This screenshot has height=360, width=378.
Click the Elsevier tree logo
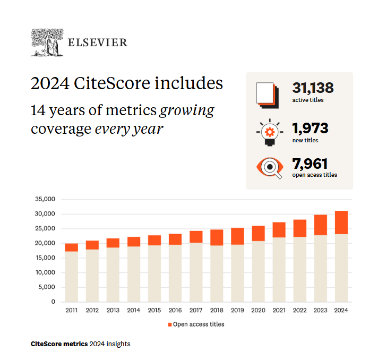47,42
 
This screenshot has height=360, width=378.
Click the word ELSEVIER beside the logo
97,42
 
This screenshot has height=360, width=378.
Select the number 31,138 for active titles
313,88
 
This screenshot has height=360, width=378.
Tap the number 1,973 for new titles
310,128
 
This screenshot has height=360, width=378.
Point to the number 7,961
310,164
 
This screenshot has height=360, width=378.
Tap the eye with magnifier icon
270,168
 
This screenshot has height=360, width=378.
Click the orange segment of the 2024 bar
341,222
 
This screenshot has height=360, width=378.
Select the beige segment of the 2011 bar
72,276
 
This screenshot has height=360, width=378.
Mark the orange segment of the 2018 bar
217,237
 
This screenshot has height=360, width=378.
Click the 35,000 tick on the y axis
45,200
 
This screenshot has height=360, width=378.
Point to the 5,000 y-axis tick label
47,287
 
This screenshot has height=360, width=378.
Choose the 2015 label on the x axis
154,310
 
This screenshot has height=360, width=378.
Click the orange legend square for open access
170,324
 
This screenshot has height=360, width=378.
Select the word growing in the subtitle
187,111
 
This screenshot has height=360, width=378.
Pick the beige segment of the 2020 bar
259,271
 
